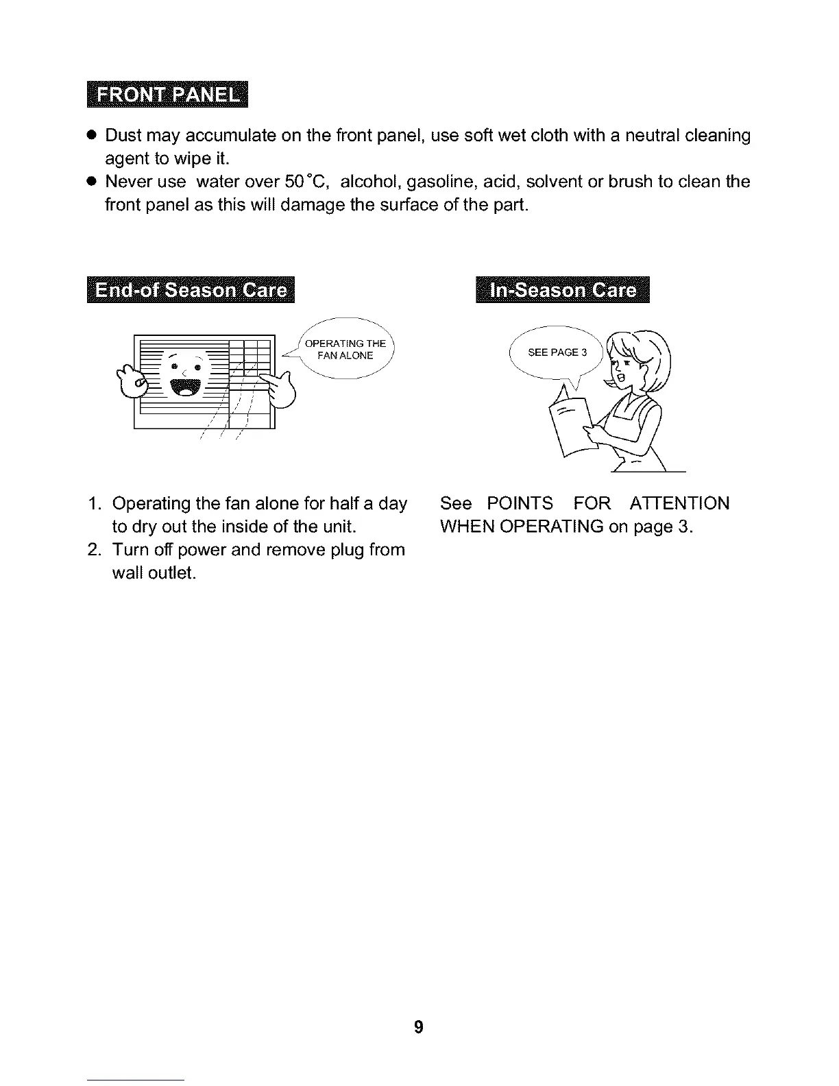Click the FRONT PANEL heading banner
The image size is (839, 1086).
pos(167,95)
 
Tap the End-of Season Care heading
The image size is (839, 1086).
pos(191,290)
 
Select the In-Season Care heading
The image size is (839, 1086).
pos(563,290)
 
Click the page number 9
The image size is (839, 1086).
pos(419,1027)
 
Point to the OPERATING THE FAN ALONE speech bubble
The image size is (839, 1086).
pos(345,350)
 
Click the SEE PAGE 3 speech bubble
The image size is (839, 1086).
pos(557,352)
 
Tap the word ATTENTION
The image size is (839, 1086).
pos(679,504)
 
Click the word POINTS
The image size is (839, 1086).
pos(520,504)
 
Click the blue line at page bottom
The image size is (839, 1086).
pos(136,1080)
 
